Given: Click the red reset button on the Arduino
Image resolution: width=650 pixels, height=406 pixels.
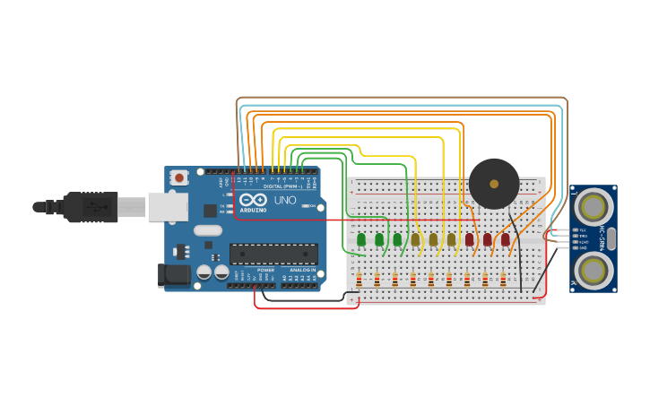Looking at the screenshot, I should click(179, 177).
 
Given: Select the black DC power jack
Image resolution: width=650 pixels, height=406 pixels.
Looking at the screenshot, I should click(174, 275).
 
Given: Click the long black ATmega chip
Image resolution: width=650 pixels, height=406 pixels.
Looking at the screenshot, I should click(273, 254).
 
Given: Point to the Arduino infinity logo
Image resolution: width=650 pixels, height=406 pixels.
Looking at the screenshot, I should click(253, 200).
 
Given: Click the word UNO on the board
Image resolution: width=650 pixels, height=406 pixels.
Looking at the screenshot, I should click(284, 200).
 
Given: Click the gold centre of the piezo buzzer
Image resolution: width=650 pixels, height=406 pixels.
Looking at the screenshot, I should click(494, 183).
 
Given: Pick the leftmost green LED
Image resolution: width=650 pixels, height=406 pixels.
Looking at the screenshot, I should click(361, 239).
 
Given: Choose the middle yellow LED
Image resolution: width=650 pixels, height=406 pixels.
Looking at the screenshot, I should click(433, 239).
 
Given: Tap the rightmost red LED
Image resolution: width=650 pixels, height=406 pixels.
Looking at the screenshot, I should click(506, 239).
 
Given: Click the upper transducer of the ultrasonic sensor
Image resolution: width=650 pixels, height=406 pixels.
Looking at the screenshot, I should click(593, 208).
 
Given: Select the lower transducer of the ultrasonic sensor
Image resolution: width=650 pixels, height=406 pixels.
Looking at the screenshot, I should click(593, 269).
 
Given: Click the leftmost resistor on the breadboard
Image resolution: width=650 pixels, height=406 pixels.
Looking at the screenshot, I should click(360, 280).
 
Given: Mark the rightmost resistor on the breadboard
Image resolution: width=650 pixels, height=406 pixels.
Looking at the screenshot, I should click(503, 280).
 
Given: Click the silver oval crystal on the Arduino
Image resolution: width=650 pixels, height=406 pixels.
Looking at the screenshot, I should click(207, 230).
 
